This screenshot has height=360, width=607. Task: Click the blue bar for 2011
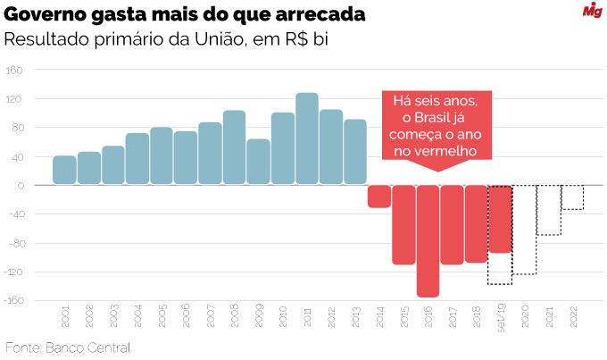[307, 138]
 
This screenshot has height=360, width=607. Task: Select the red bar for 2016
[428, 241]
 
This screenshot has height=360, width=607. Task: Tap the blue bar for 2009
[258, 161]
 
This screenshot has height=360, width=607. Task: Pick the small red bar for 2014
[379, 197]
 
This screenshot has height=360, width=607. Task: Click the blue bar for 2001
[64, 170]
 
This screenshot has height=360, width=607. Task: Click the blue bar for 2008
[234, 147]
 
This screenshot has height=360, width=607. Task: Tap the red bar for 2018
[476, 224]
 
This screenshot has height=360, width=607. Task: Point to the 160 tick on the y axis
[14, 71]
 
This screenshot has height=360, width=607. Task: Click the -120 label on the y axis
[13, 272]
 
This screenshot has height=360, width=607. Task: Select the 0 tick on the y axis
[21, 186]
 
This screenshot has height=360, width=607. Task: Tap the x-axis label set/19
[501, 318]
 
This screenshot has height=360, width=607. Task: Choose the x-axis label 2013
[356, 317]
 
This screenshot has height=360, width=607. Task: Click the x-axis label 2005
[162, 316]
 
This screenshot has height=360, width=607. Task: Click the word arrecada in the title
[320, 14]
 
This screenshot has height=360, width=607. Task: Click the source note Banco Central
[88, 347]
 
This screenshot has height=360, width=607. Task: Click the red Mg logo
[593, 10]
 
